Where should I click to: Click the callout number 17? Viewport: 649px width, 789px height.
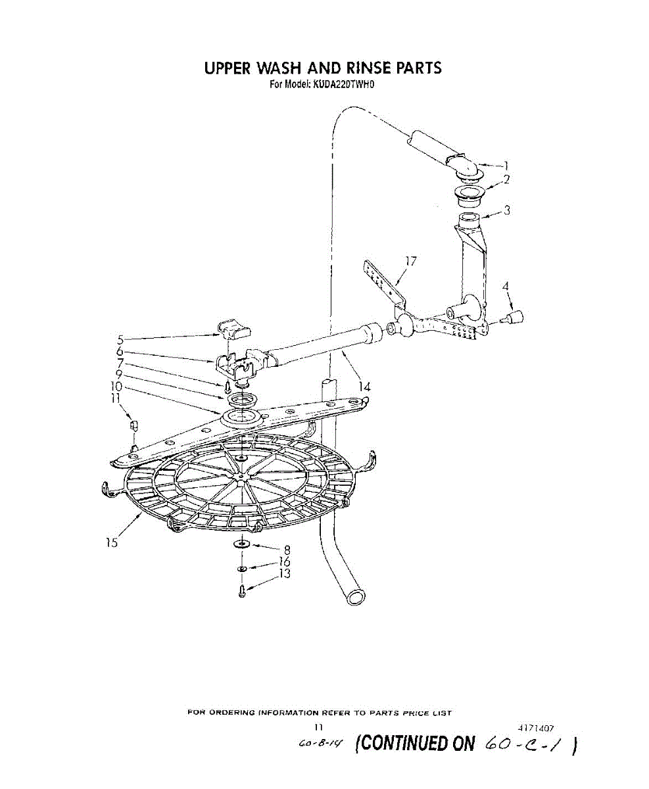click(411, 262)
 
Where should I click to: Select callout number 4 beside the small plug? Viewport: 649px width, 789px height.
click(506, 287)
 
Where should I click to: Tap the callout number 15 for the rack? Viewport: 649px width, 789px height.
click(111, 542)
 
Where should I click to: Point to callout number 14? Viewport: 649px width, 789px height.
click(364, 387)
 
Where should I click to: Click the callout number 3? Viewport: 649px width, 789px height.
click(507, 210)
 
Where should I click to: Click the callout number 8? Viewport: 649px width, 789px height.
click(287, 550)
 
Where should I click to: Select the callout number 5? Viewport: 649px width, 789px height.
click(120, 340)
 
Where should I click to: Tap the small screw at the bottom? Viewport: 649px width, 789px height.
click(243, 590)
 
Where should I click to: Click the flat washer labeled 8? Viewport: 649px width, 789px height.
click(241, 544)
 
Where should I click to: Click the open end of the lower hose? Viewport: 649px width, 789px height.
click(356, 596)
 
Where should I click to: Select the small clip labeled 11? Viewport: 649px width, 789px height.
click(134, 425)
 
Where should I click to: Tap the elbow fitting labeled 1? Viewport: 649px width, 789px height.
click(466, 167)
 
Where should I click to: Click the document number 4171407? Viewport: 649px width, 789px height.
click(537, 728)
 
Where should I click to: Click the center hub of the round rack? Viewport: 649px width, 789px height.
click(243, 475)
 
